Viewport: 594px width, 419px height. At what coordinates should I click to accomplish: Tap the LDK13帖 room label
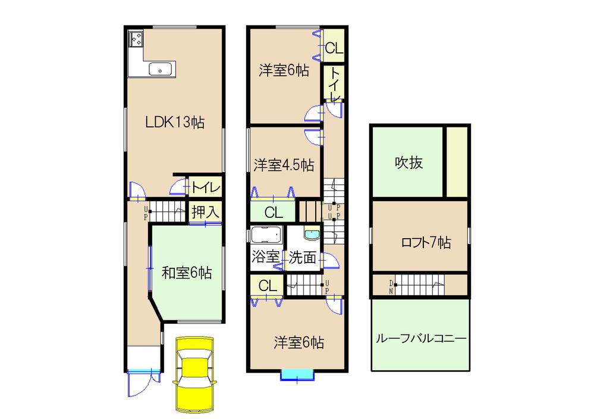[175, 123]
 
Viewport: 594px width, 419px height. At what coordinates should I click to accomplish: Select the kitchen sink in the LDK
[159, 70]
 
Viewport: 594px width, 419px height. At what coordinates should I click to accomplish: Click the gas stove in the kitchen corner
[136, 40]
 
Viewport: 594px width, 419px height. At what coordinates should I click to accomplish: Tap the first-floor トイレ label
[206, 188]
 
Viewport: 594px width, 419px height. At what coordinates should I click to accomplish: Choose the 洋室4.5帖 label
[284, 165]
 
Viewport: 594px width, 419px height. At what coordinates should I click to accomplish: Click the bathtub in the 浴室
[266, 234]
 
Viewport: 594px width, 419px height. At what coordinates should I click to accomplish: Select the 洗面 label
[303, 257]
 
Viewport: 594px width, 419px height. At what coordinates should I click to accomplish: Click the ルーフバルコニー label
[420, 338]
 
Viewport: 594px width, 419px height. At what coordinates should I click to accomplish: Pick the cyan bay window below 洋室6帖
[297, 374]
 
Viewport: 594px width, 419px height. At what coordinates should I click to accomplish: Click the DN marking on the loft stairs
[391, 286]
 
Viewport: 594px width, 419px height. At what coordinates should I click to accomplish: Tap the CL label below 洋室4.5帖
[274, 212]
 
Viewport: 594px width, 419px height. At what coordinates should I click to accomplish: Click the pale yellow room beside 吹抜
[457, 161]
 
